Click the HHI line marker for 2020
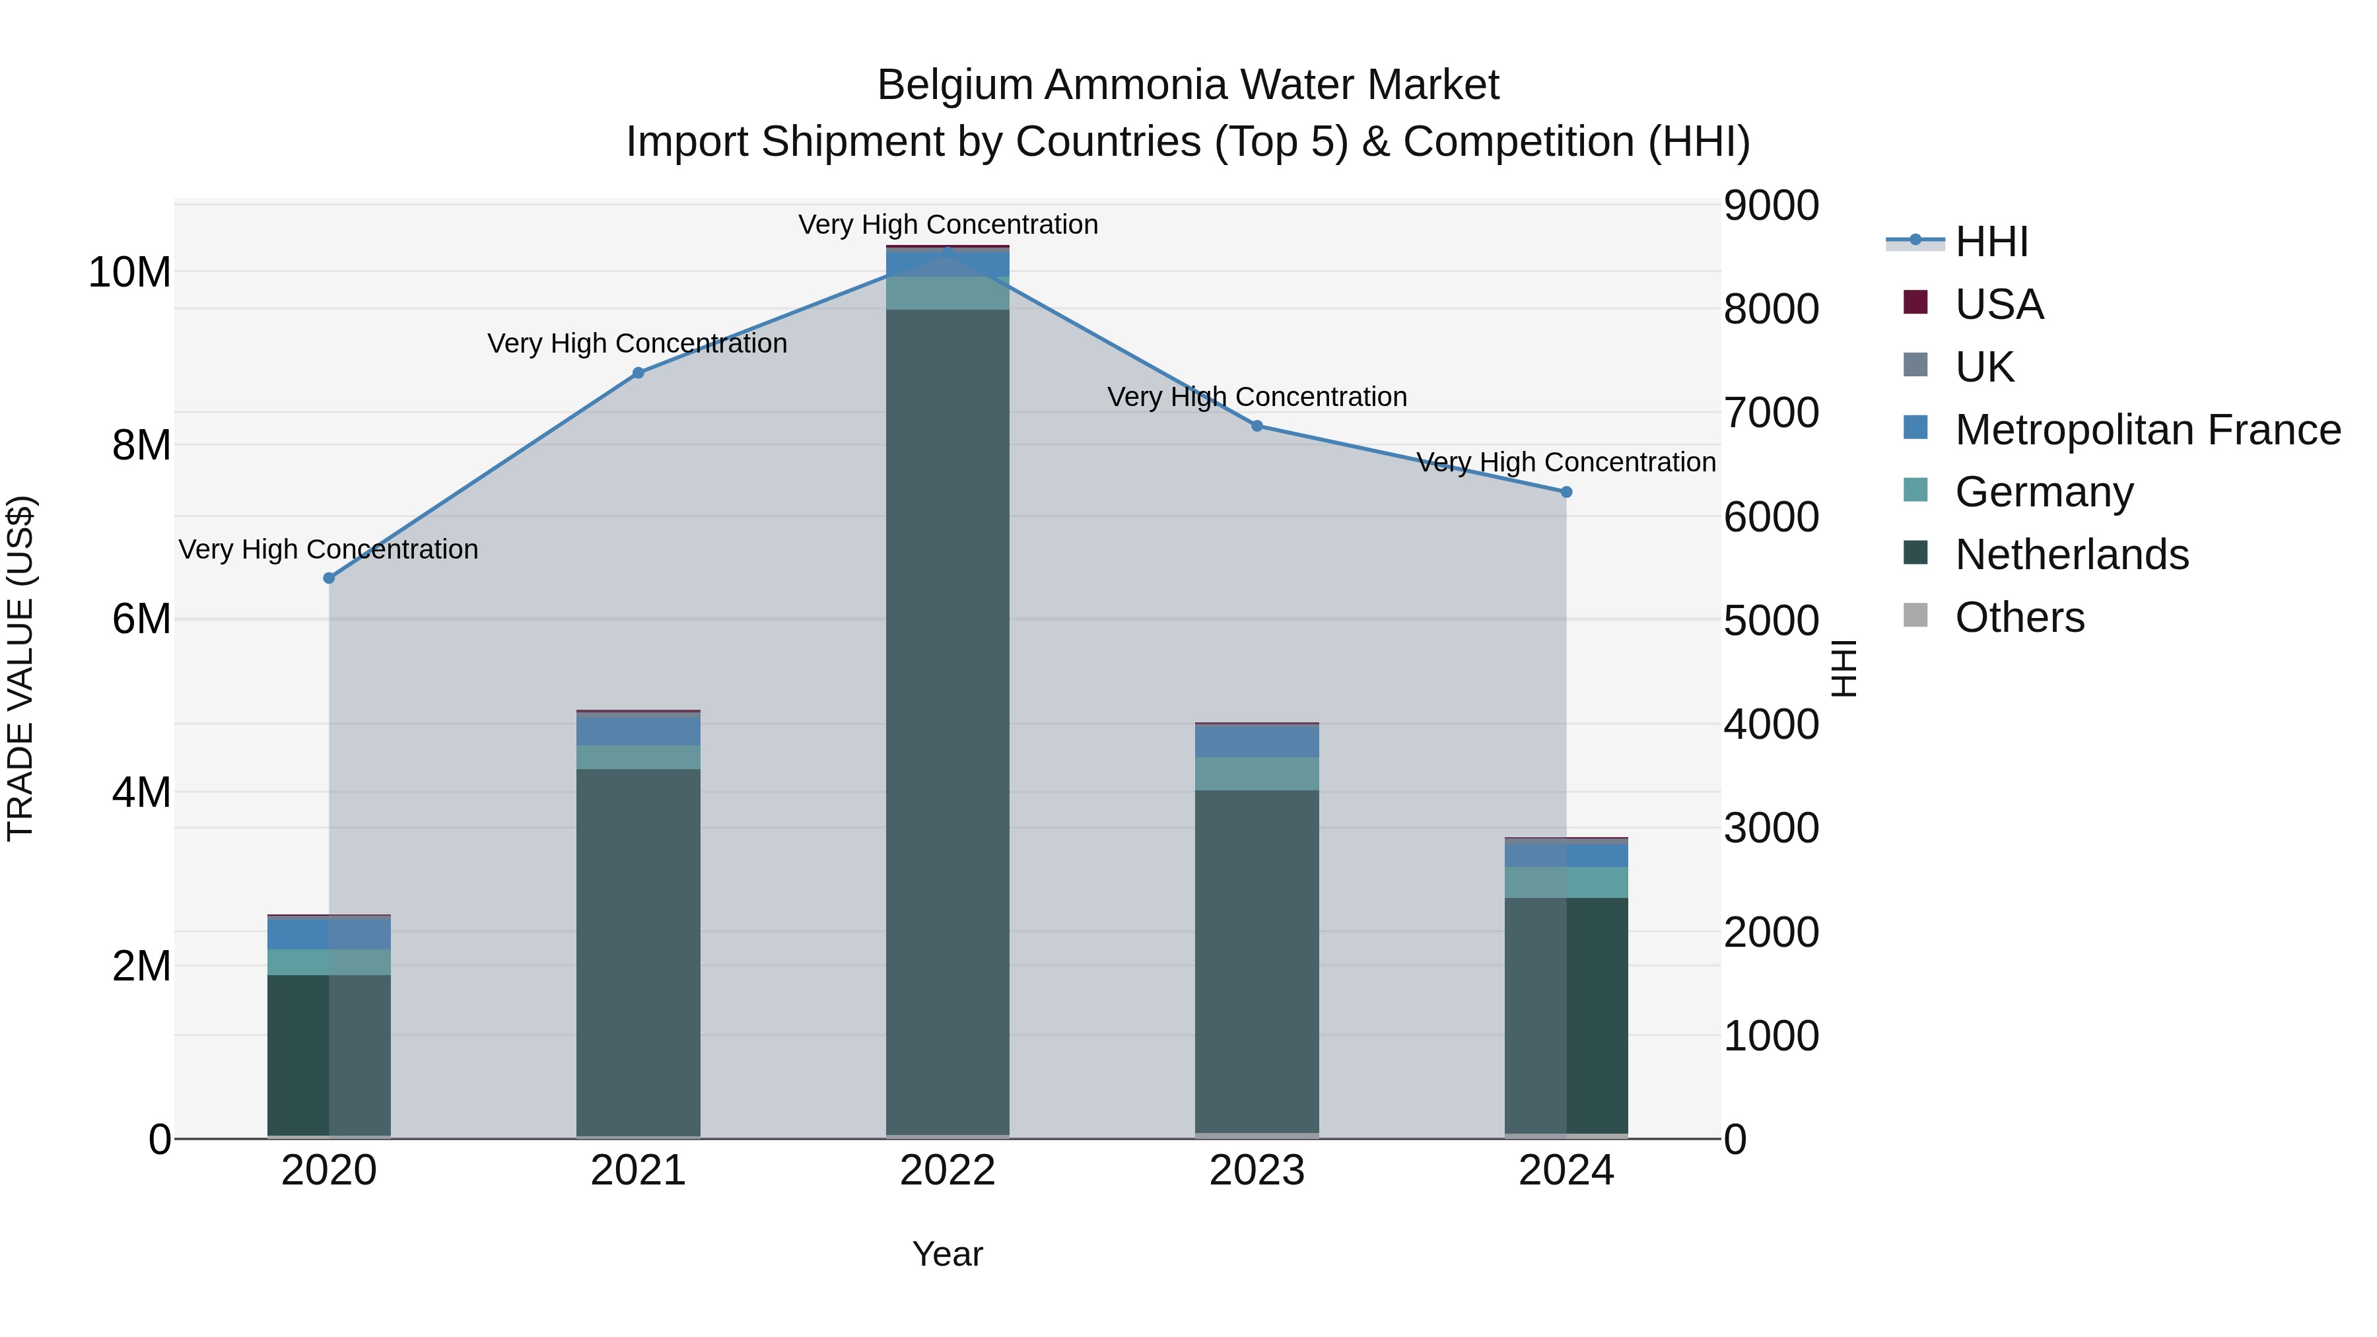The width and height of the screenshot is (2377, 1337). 329,578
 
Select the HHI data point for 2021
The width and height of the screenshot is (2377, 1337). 638,373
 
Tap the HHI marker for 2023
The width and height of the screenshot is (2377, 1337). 1257,425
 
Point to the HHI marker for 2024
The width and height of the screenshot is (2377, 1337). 1566,492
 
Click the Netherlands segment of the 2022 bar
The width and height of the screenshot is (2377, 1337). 947,720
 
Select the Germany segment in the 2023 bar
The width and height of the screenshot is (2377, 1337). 1257,773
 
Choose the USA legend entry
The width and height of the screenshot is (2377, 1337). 1999,304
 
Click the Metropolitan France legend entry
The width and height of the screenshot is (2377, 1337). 2147,430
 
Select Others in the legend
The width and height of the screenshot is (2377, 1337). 2019,617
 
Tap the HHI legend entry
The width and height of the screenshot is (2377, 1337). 1991,242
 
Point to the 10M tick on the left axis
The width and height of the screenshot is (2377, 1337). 129,272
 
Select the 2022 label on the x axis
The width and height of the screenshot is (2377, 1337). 947,1171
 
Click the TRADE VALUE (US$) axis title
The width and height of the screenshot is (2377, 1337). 21,668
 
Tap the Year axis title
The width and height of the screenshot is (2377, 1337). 947,1254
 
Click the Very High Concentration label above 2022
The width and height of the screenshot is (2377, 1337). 947,224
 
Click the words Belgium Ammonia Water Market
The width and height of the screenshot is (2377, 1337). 1188,85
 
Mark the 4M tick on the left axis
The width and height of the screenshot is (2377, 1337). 141,792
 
